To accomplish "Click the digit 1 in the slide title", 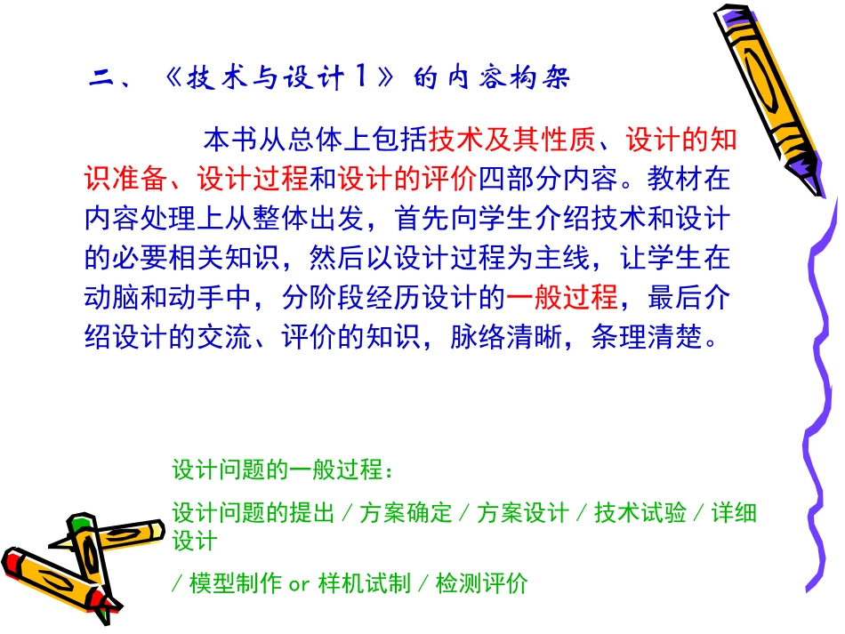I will coord(362,78).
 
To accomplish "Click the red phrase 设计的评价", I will coord(407,179).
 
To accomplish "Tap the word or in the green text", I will coord(298,583).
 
